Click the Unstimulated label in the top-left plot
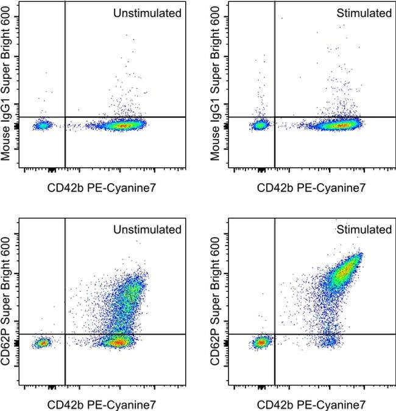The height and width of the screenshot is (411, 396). point(147,13)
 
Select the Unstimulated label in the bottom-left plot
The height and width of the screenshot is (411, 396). point(147,230)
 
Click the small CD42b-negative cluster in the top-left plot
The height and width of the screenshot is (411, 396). point(43,125)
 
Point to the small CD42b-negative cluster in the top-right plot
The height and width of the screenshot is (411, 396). point(260,125)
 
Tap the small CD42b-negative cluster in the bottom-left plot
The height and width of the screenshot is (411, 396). point(43,343)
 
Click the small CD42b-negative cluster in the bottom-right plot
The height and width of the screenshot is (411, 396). point(261,343)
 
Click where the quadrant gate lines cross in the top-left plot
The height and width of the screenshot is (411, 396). point(65,117)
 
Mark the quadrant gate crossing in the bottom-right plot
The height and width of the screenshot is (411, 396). point(275,334)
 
